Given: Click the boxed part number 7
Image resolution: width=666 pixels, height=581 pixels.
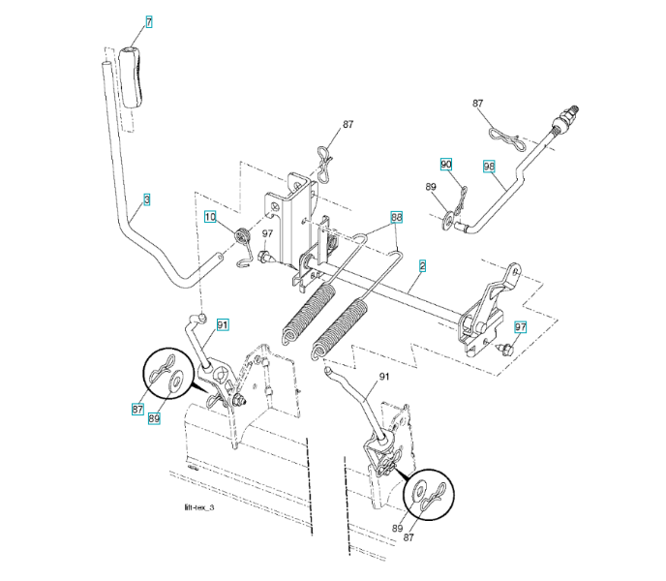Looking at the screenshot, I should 149,20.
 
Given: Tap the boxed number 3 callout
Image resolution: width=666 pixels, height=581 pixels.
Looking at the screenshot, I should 146,199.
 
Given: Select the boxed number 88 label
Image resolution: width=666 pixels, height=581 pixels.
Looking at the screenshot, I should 396,218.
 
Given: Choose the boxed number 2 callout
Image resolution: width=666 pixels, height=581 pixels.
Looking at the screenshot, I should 422,264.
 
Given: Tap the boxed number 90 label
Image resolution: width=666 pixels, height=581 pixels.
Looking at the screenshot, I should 446,164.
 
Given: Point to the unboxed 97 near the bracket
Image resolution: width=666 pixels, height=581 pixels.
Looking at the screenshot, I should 267,233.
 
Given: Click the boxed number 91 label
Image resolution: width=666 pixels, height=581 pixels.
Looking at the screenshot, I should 223,324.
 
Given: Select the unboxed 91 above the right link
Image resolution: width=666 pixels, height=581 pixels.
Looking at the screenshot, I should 383,376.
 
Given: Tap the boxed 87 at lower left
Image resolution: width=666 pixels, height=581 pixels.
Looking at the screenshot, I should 138,409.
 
